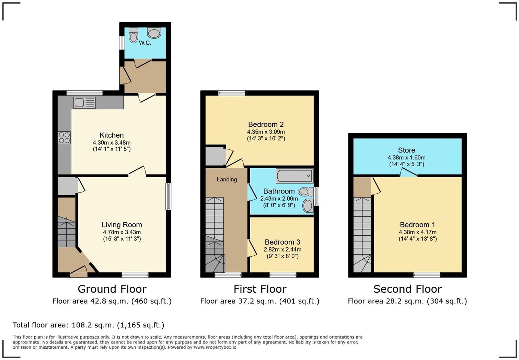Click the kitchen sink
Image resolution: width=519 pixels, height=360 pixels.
click(84, 103)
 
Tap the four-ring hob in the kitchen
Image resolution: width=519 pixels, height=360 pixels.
click(64, 138)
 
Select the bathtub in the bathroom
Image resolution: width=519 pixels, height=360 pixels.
click(295, 176)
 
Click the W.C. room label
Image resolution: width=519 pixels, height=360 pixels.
click(145, 43)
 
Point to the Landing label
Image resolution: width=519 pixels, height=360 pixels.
click(227, 179)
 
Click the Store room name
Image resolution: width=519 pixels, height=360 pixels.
click(406, 150)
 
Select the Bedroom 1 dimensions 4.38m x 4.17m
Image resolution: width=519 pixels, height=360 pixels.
click(417, 232)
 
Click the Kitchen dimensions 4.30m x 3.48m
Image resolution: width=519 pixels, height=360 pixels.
click(112, 143)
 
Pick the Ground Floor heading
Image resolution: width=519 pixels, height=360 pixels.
click(112, 289)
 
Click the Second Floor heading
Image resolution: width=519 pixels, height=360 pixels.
click(407, 289)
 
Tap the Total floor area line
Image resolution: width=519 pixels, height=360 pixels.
click(89, 325)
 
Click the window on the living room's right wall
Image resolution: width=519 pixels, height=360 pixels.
click(168, 196)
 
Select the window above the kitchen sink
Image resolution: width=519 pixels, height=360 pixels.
click(84, 93)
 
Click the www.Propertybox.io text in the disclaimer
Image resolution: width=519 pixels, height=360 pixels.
click(215, 347)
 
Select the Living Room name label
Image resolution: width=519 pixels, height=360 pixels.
click(122, 225)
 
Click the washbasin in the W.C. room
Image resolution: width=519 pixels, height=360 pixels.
click(154, 33)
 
